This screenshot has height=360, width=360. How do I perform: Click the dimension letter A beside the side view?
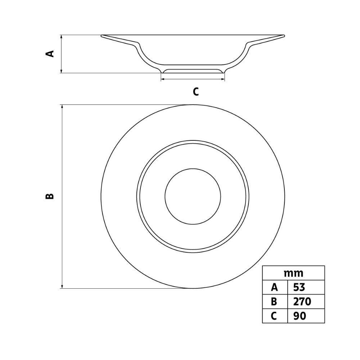coord(50,54)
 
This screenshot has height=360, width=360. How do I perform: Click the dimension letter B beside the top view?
coord(50,196)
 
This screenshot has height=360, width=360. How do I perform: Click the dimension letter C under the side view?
coord(195,91)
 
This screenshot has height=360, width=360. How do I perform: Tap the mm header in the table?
coord(293,273)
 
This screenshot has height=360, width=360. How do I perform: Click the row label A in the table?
coord(274,287)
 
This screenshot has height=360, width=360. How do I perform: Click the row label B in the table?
coord(274,301)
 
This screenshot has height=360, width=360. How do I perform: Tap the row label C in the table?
coord(274,316)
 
